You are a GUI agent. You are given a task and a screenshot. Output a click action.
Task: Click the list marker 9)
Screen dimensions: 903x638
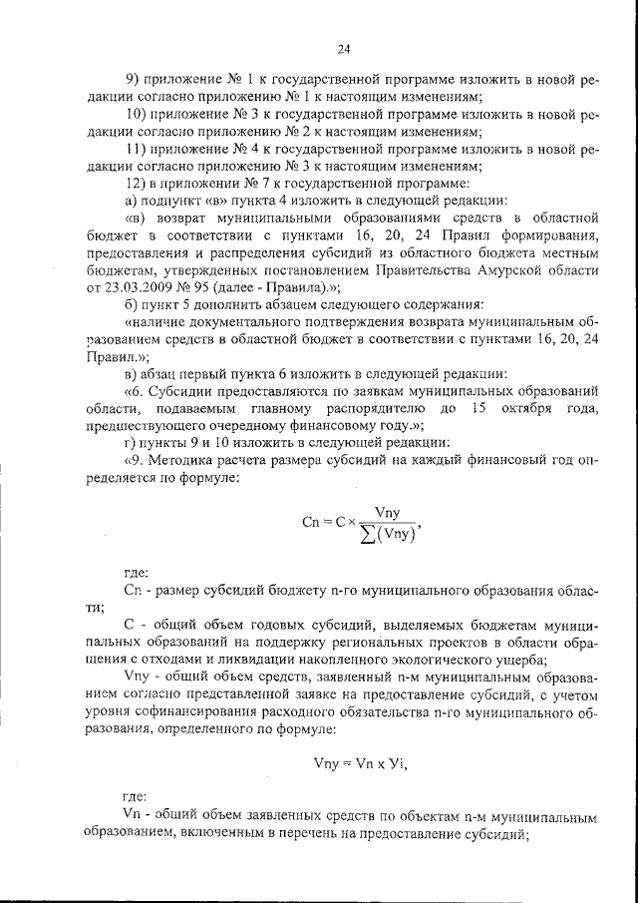click(x=132, y=79)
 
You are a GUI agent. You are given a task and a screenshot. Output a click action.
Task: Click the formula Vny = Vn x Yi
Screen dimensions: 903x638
click(x=360, y=763)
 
